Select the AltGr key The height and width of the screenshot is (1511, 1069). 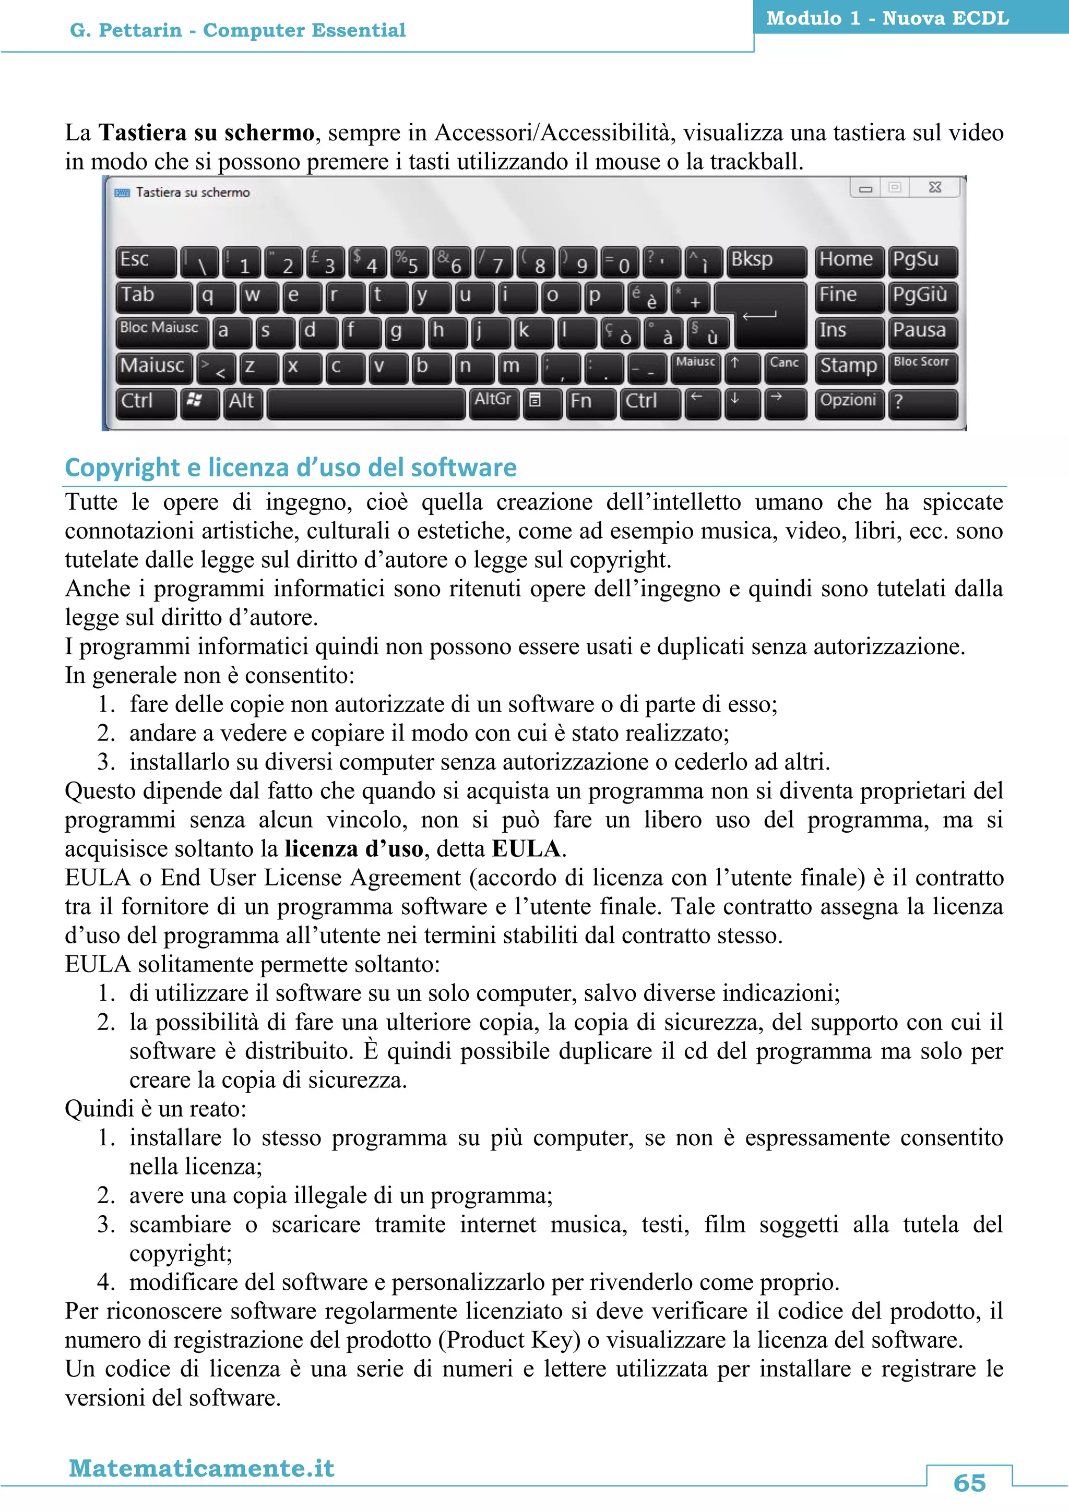pos(494,402)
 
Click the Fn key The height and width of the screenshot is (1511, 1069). pos(590,402)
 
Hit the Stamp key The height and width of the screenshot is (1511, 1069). pos(849,367)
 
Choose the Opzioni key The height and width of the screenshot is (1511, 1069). pos(849,402)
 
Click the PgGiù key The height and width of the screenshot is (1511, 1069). pos(922,297)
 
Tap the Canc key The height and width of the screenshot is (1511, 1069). pos(785,367)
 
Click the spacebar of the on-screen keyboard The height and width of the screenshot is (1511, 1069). pos(366,403)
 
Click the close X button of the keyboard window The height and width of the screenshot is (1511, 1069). pos(935,187)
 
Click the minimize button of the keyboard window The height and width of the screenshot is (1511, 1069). pos(865,188)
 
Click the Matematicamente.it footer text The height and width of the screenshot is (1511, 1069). pos(201,1468)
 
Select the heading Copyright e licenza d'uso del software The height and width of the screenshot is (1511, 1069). pos(290,467)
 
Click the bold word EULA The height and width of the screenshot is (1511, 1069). pos(526,849)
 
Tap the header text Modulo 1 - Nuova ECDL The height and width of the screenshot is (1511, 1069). pos(887,18)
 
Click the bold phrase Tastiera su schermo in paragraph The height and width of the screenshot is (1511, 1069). pos(206,133)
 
